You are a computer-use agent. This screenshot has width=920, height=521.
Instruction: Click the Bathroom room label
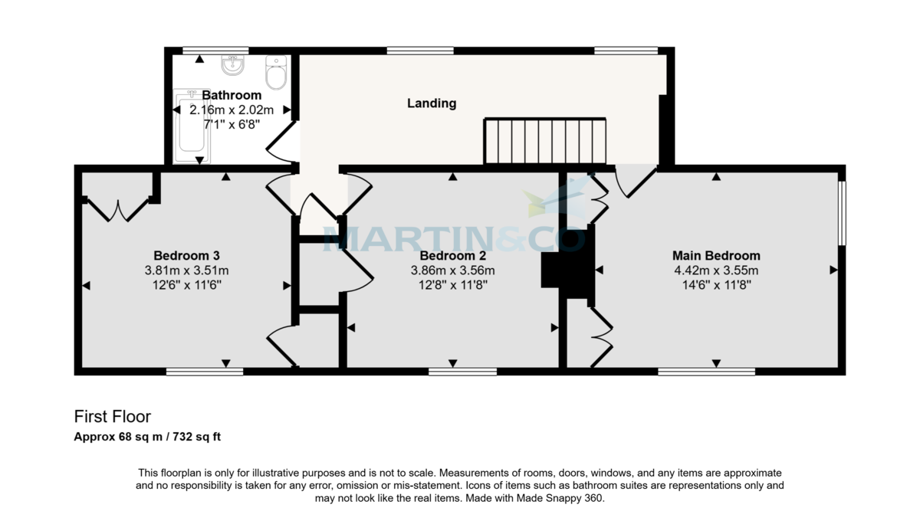tap(226, 95)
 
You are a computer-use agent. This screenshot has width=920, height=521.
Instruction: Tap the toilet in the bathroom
tap(275, 72)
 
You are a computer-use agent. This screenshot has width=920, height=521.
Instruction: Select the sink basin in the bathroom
tap(232, 65)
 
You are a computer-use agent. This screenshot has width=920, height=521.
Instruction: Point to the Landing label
tap(432, 103)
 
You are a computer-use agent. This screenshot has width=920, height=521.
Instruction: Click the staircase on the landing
tap(544, 141)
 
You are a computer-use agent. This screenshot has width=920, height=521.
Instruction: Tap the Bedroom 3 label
tap(187, 255)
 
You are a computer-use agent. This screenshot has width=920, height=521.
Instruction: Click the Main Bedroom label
tap(716, 255)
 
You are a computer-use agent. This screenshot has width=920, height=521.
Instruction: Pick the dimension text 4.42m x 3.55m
tap(716, 270)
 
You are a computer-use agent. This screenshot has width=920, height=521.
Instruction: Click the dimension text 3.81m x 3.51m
tap(187, 270)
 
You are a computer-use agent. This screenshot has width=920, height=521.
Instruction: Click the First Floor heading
tap(113, 417)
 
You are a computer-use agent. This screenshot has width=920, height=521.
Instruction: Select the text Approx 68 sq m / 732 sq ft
tap(148, 437)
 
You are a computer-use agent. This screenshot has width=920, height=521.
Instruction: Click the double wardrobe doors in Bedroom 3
tap(117, 208)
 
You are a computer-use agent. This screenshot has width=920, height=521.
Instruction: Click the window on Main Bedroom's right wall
tap(841, 213)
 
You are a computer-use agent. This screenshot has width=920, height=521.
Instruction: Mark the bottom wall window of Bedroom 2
tap(462, 372)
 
